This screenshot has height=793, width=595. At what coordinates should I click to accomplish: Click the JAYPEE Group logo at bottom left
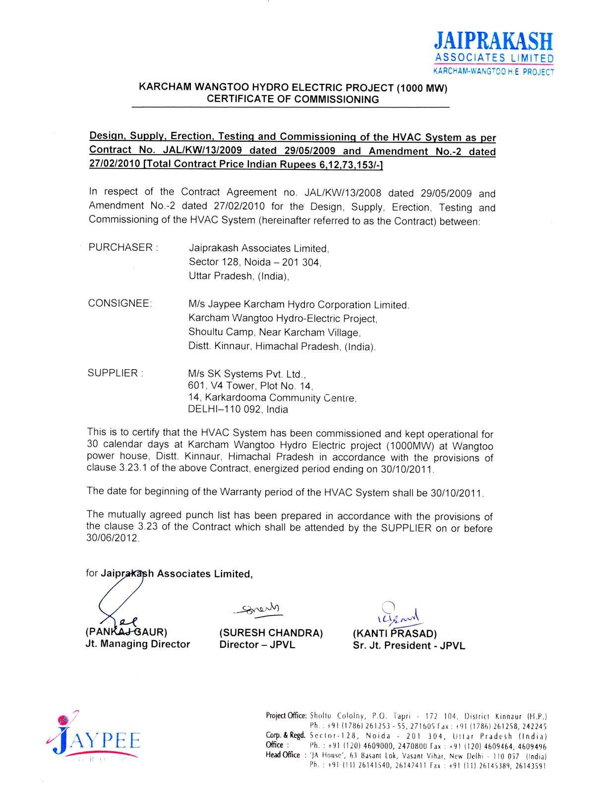point(94,738)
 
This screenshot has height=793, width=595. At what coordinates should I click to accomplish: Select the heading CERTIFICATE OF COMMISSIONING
point(293,100)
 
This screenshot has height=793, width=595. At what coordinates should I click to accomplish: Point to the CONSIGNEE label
point(119,303)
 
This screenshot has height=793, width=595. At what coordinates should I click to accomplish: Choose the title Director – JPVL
point(257,645)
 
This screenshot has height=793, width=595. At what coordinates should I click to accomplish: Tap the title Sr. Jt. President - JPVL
point(409,645)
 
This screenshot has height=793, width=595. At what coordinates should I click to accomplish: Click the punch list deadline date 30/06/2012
point(113,538)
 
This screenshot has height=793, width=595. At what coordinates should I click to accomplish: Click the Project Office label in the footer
point(287,716)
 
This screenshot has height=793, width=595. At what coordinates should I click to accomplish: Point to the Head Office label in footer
point(283,755)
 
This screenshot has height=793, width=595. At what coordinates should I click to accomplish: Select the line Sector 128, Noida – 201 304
point(255,262)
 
